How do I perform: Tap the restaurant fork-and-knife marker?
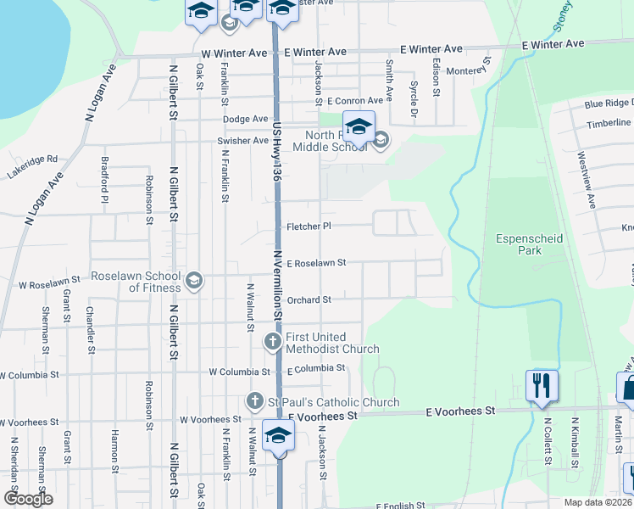(x=540, y=386)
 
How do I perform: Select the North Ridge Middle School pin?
(x=359, y=126)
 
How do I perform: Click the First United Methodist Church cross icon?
(x=272, y=342)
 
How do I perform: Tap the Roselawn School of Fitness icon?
(x=194, y=281)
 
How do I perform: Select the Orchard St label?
(x=309, y=299)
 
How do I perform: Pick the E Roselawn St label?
(x=316, y=263)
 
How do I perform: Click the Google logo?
(x=28, y=499)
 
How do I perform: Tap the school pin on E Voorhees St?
(x=277, y=436)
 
